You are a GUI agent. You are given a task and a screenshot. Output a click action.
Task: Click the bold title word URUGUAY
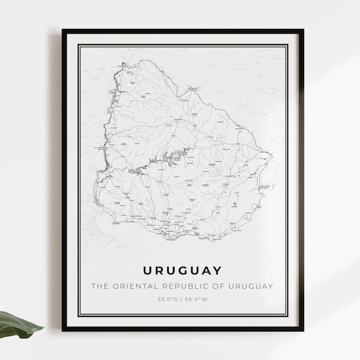point(182,270)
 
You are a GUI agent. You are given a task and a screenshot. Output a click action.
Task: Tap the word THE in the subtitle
point(100,286)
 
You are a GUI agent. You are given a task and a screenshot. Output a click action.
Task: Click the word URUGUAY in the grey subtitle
point(251,286)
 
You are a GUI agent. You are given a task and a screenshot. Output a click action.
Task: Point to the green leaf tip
point(43,328)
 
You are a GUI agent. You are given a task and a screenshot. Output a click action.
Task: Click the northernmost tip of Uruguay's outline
point(142,60)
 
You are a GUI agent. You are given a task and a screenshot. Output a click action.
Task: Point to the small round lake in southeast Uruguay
point(234,206)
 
